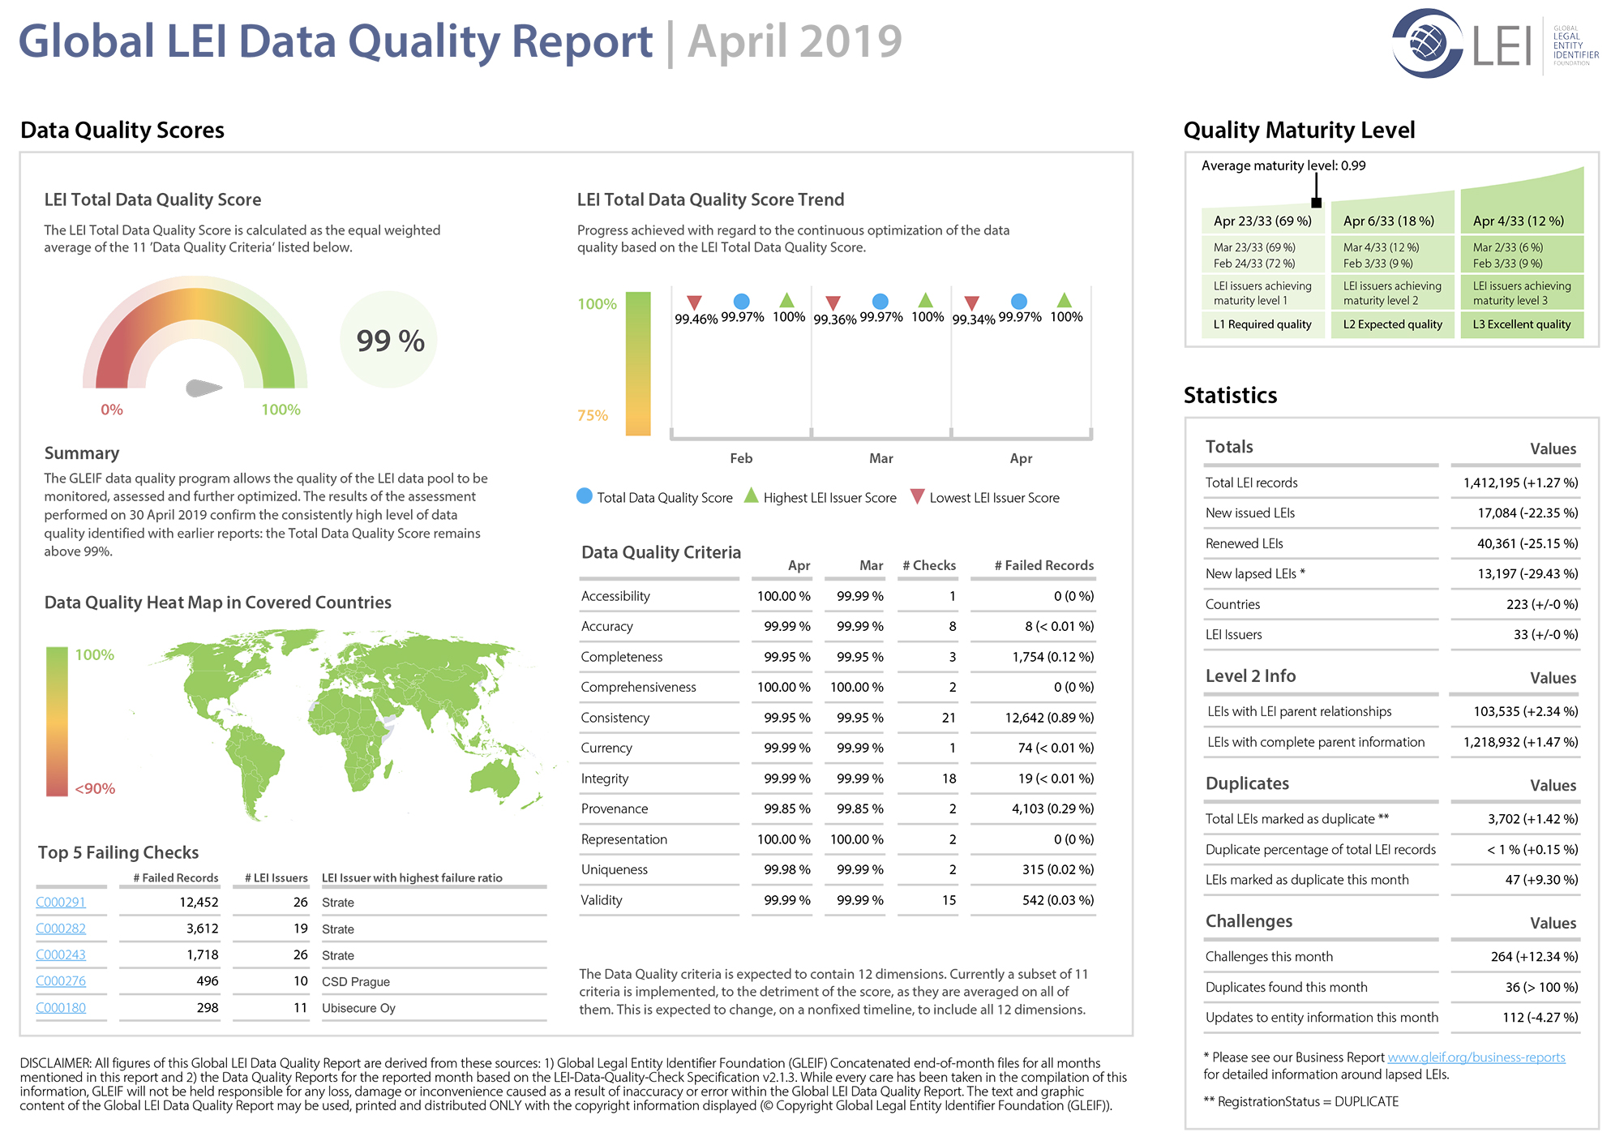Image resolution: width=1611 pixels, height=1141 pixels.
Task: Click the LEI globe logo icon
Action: (1428, 43)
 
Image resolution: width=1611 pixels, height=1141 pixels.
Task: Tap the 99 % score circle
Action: (389, 340)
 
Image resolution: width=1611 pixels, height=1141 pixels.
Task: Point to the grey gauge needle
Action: (204, 388)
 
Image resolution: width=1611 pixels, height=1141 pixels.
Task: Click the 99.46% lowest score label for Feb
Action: (696, 320)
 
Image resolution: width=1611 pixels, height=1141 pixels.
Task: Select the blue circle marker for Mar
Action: (880, 302)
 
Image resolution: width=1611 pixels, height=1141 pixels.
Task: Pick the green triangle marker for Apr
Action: (1065, 300)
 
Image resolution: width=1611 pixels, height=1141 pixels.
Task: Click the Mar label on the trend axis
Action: (881, 458)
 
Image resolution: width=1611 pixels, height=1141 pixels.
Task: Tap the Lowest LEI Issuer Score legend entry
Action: (985, 497)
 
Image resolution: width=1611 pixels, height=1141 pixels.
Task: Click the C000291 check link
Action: (61, 902)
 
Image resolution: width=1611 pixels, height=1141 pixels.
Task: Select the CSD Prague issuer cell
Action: (356, 981)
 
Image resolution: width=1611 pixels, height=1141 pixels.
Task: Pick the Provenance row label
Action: (615, 809)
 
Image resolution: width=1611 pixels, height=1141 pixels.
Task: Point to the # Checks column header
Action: (929, 565)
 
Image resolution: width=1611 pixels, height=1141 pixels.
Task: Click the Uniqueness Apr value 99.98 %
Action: (787, 869)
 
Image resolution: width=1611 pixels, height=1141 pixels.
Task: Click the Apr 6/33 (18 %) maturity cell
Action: (1389, 221)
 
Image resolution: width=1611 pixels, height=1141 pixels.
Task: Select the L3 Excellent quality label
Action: (1522, 324)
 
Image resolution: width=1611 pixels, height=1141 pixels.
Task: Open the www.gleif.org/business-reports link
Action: (1476, 1057)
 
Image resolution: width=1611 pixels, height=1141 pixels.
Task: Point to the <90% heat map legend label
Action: (95, 788)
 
